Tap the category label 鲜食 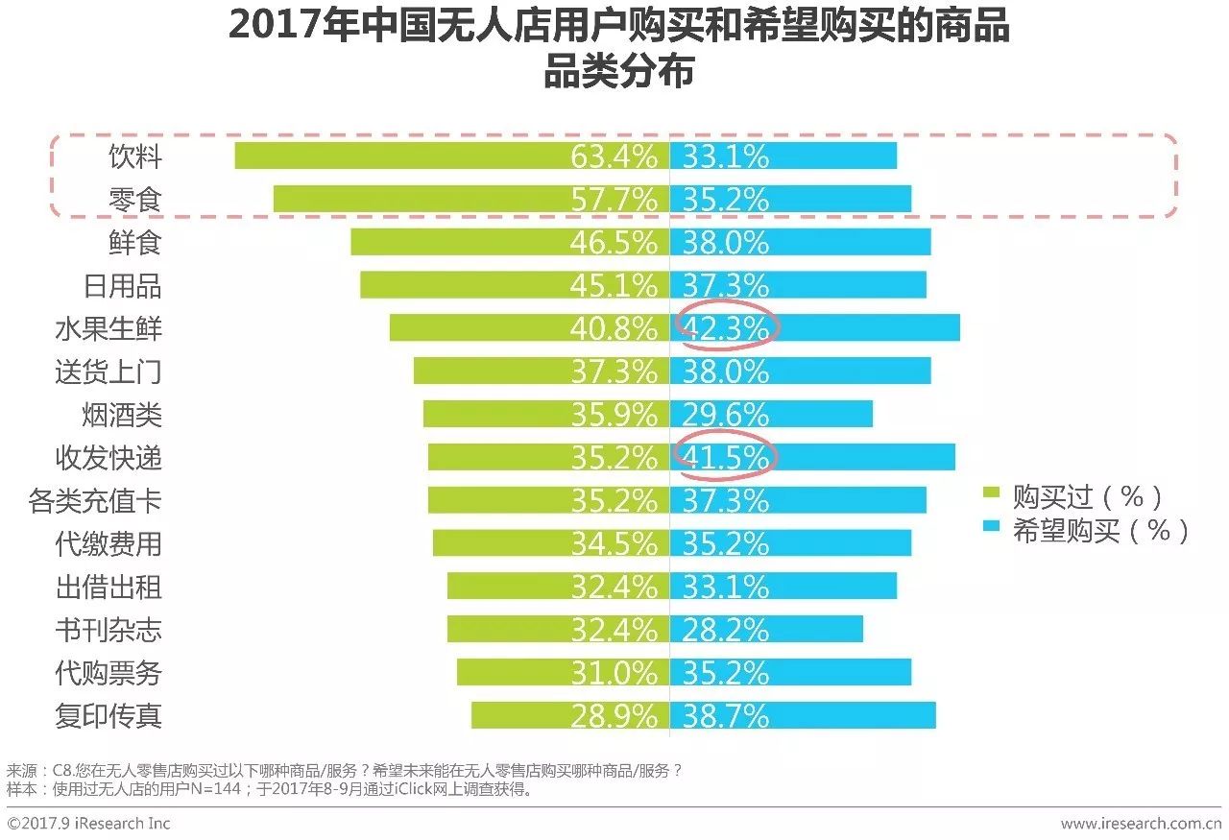click(x=134, y=242)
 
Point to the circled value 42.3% click(x=726, y=328)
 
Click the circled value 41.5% click(x=726, y=457)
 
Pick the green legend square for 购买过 click(x=992, y=495)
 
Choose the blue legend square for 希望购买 click(x=992, y=529)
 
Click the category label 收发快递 click(x=108, y=457)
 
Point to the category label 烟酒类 click(x=121, y=414)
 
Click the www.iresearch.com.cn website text click(x=1141, y=824)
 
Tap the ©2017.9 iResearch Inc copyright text click(x=88, y=824)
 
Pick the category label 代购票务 click(x=108, y=672)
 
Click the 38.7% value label click(x=726, y=715)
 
